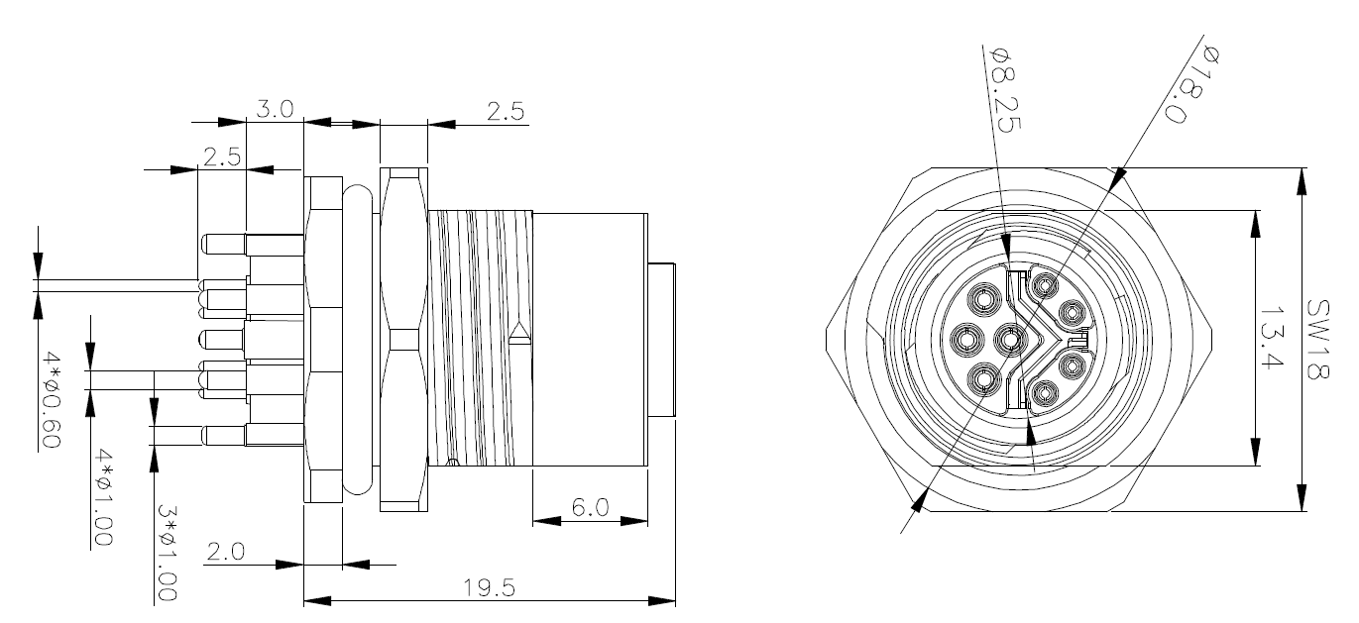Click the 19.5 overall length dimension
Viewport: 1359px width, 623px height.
tap(489, 587)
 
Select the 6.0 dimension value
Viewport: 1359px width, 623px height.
tap(590, 507)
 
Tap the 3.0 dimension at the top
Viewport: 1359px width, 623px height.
tap(275, 109)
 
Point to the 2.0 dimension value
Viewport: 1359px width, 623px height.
tap(226, 552)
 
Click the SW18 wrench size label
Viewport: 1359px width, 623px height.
tap(1317, 340)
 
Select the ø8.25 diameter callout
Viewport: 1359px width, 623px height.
tap(1006, 90)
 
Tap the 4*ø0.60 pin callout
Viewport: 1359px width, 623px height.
tap(52, 401)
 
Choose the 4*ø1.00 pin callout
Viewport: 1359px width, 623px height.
tap(103, 497)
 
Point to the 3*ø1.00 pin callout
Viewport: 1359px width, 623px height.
tap(167, 554)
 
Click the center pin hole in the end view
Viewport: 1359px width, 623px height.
tap(1010, 340)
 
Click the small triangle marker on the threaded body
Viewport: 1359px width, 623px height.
tap(519, 333)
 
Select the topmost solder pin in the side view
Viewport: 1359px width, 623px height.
tap(252, 245)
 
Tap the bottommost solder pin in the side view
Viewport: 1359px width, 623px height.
tap(252, 435)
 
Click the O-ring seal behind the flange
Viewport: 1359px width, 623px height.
tap(358, 340)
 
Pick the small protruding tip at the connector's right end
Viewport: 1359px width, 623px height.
tap(661, 340)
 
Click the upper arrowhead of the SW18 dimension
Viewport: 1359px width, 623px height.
tap(1302, 182)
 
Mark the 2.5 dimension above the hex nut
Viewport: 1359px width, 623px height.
tap(505, 112)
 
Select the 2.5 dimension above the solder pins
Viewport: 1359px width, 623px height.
tap(221, 157)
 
